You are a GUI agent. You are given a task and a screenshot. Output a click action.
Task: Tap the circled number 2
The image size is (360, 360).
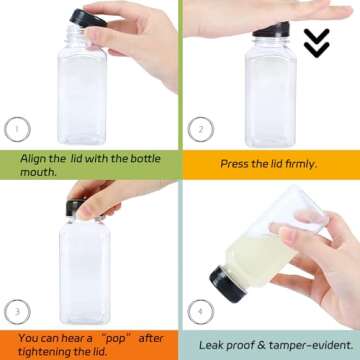coord(201,128)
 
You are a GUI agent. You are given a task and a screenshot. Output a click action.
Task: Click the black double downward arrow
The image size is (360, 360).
coord(317,42)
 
